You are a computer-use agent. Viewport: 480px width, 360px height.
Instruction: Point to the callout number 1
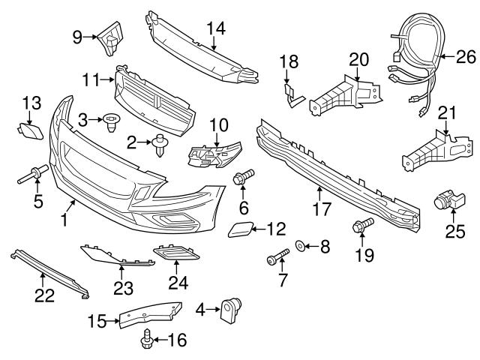point(65,220)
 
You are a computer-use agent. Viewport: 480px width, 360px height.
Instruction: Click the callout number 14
point(216,28)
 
